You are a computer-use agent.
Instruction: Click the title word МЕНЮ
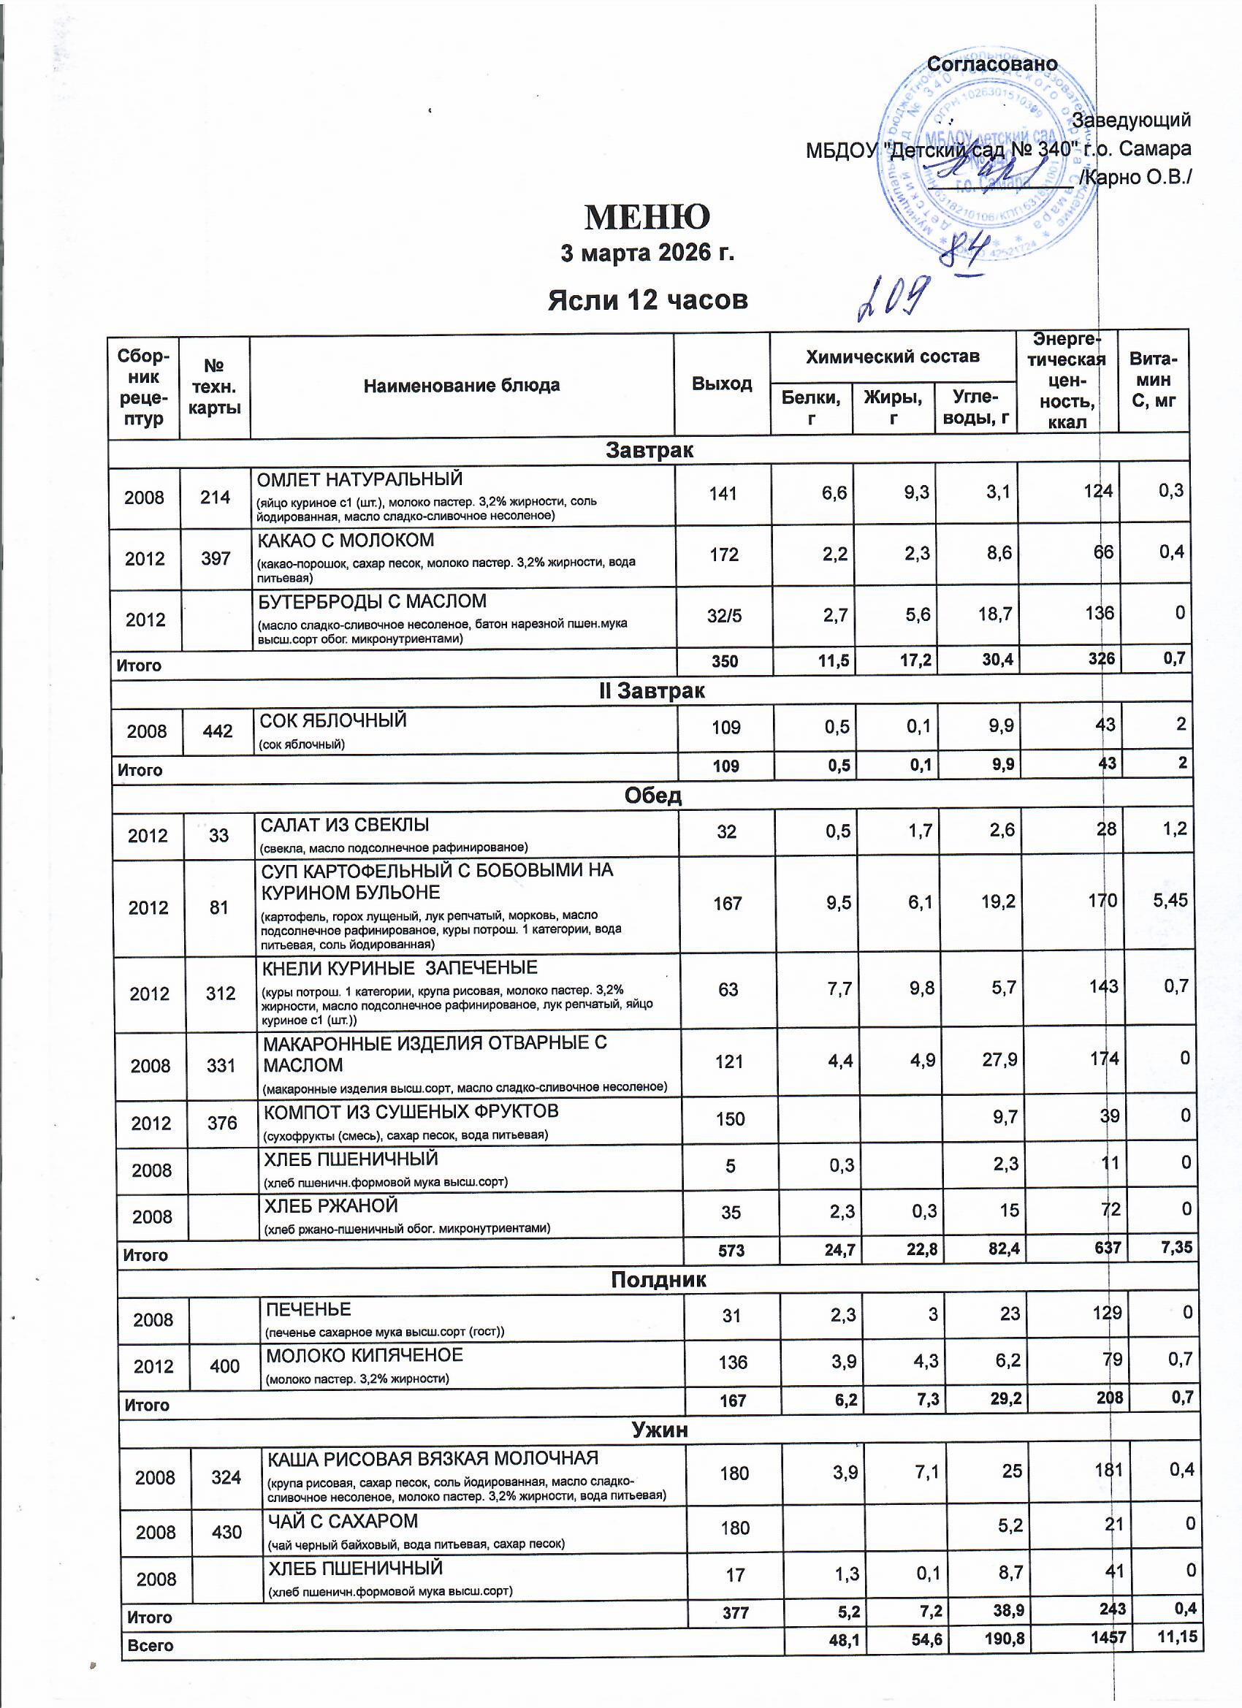coord(647,218)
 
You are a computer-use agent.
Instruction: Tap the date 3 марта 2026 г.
coord(647,253)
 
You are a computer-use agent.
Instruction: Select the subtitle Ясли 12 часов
coord(647,300)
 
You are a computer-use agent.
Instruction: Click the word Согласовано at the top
coord(991,65)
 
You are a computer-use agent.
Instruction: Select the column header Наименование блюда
coord(461,386)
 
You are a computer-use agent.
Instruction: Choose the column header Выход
coord(722,384)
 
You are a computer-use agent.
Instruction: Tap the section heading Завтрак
coord(649,450)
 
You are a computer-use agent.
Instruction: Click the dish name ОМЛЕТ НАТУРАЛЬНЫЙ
coord(360,479)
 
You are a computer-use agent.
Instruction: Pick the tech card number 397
coord(216,558)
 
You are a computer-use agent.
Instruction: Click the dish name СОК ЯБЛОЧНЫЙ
coord(333,720)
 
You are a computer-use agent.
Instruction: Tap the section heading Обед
coord(653,796)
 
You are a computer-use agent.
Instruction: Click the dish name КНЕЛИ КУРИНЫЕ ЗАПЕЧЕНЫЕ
coord(399,968)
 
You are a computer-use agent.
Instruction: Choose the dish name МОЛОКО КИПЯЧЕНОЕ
coord(365,1355)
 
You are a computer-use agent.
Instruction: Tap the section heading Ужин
coord(660,1430)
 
